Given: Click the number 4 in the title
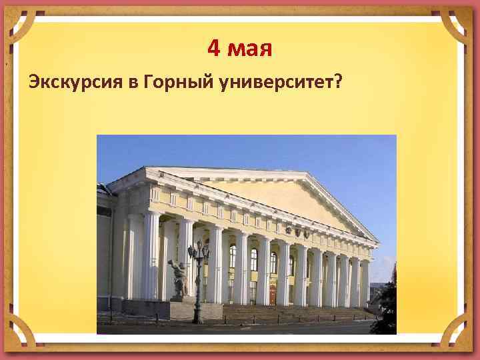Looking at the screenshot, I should click(x=214, y=47).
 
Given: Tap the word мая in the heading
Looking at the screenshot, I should click(x=249, y=49).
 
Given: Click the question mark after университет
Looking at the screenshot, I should click(x=339, y=81).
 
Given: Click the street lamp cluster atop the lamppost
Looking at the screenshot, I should click(x=198, y=251).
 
